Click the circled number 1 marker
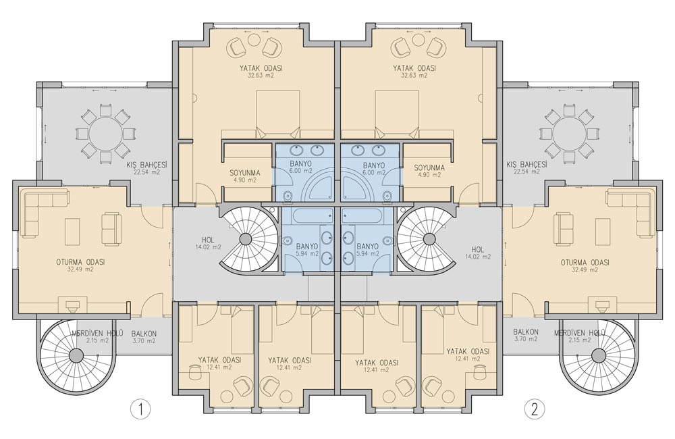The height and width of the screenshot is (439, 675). [x=140, y=409]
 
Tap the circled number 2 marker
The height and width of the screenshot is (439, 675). [x=535, y=409]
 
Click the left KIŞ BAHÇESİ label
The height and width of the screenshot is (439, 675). [x=146, y=165]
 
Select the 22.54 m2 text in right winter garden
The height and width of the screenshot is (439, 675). [x=529, y=172]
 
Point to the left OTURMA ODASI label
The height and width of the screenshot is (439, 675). [x=80, y=262]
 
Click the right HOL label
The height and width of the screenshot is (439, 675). [x=478, y=249]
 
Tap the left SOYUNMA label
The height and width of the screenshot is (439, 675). [x=244, y=173]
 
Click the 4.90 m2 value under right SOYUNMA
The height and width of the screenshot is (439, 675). [x=429, y=175]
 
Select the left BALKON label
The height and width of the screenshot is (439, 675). [x=144, y=334]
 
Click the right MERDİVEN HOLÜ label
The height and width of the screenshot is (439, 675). [x=580, y=333]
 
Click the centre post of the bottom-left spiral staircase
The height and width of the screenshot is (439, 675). [x=76, y=355]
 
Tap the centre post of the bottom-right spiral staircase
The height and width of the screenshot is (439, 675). [x=599, y=355]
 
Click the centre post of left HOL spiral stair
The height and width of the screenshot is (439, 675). [x=246, y=238]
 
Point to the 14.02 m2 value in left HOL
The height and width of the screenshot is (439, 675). [x=209, y=247]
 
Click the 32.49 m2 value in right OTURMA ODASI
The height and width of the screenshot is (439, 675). [x=585, y=269]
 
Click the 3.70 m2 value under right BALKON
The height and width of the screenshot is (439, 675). [x=526, y=339]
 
